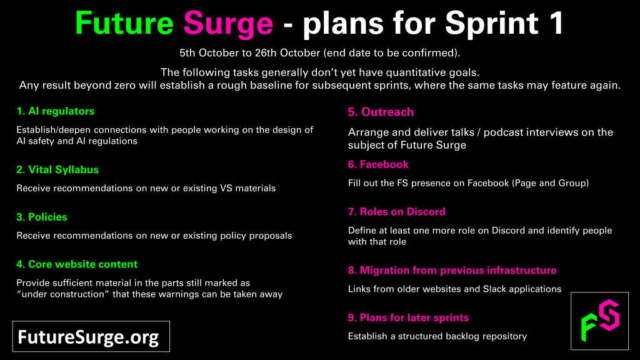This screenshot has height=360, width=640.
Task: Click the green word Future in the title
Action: [x=124, y=23]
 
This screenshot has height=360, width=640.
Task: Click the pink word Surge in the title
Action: [x=228, y=24]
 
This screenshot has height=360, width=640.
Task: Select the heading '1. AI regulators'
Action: [x=56, y=111]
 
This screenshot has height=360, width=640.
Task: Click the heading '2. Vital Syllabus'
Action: [x=57, y=170]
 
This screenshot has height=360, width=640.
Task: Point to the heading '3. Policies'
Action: [x=42, y=217]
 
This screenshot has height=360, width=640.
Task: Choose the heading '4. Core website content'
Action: [x=77, y=264]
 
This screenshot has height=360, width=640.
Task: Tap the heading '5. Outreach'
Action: [x=381, y=112]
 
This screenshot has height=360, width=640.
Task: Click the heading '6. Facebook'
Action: [x=378, y=164]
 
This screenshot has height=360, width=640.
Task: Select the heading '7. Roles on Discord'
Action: [x=397, y=212]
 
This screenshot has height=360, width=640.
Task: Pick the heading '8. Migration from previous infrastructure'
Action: [x=452, y=270]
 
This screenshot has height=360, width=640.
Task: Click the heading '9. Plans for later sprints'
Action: [x=408, y=317]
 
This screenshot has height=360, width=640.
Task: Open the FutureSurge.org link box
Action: [x=91, y=336]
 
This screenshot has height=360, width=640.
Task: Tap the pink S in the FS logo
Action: [x=609, y=315]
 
